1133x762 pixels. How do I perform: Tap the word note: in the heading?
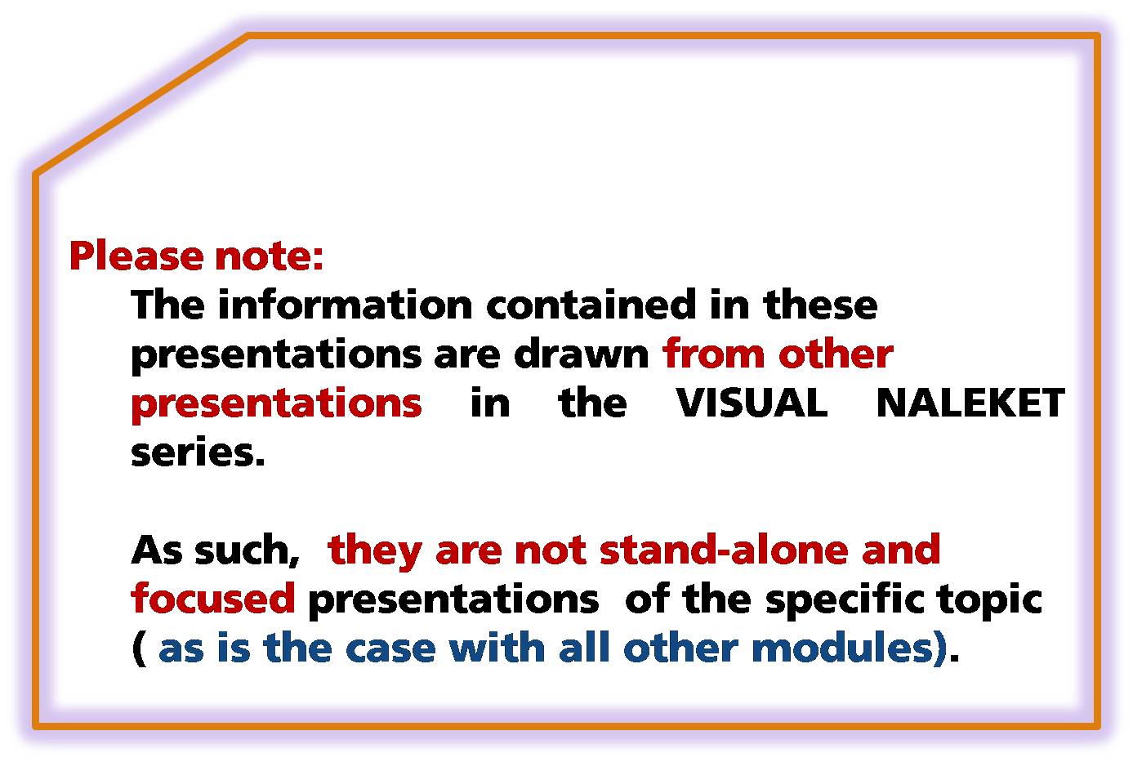269,256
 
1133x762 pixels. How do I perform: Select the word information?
345,305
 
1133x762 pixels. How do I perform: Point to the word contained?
591,305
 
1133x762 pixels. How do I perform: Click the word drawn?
581,354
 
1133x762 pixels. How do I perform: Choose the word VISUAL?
752,403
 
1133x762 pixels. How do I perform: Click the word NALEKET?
970,403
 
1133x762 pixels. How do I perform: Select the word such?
248,550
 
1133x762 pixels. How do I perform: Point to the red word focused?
213,598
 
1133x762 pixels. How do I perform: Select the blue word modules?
843,647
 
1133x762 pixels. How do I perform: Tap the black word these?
820,305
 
